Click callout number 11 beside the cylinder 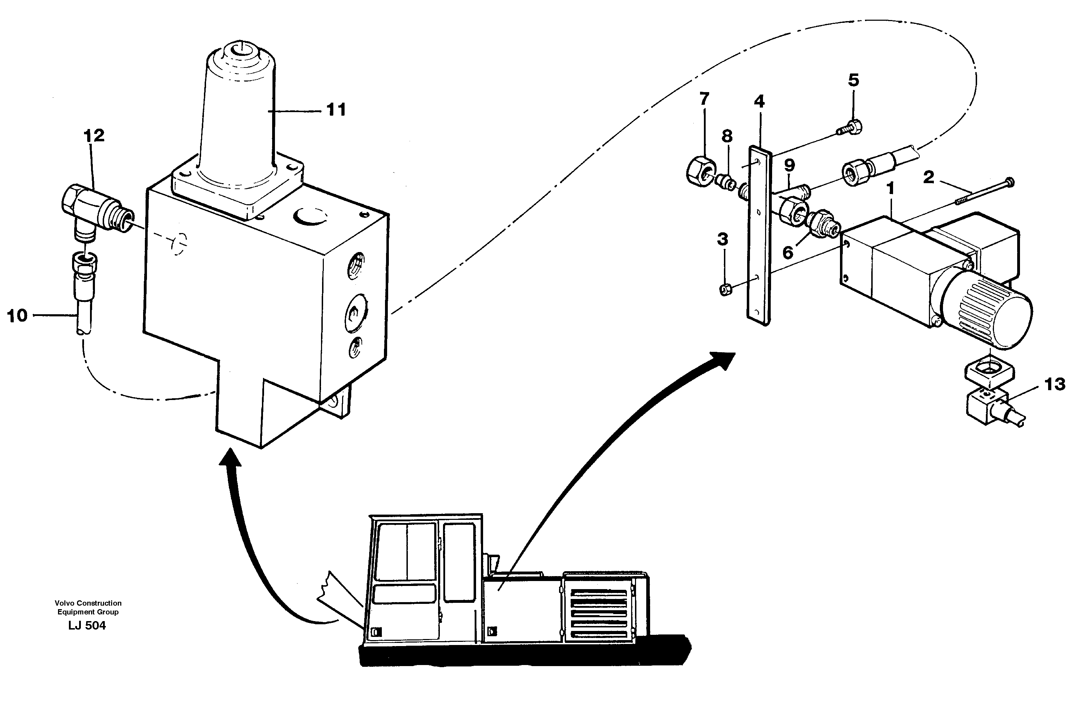(x=336, y=110)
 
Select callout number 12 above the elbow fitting (x=94, y=135)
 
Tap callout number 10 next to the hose (x=17, y=316)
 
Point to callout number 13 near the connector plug (x=1055, y=384)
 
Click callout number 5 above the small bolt (x=853, y=80)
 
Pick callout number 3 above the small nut (x=723, y=239)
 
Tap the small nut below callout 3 (x=725, y=290)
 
